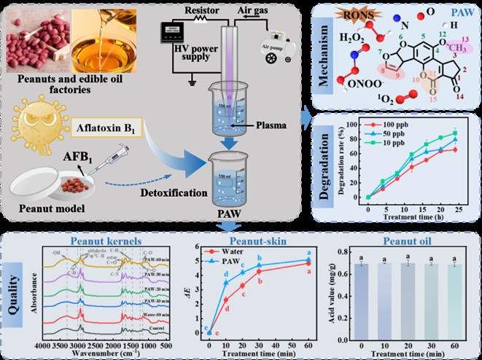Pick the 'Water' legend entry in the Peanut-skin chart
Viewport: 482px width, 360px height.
[234, 252]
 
